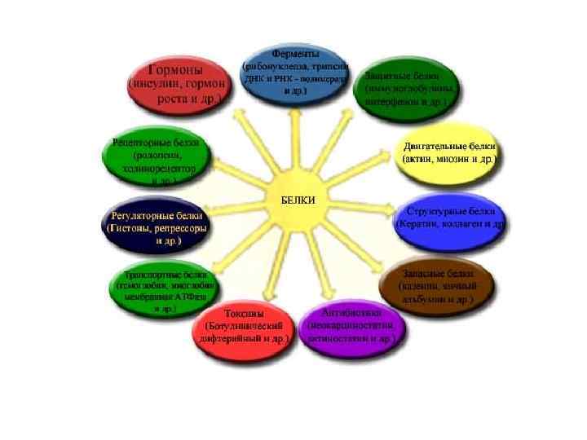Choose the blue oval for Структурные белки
point(449,217)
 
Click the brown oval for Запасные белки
point(436,283)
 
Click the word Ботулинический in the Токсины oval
point(244,325)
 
